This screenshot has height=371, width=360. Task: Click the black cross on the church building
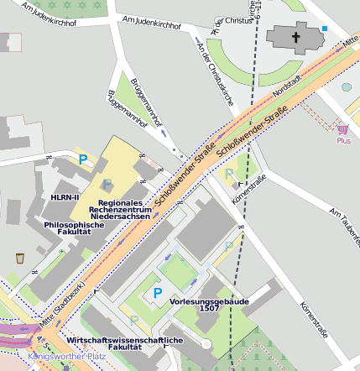click(x=295, y=38)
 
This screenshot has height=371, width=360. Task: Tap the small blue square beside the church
click(x=325, y=29)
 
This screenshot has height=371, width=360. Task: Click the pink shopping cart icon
click(x=342, y=129)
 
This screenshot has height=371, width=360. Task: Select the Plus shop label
click(x=343, y=141)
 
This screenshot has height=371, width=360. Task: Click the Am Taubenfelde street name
click(x=343, y=222)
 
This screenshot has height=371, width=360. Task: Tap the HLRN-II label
click(x=65, y=197)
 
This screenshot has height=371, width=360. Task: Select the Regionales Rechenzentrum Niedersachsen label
click(x=124, y=209)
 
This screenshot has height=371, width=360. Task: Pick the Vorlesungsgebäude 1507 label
click(x=199, y=304)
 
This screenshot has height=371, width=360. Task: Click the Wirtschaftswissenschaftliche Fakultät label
click(x=125, y=343)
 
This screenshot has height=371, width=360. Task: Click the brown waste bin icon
click(x=19, y=258)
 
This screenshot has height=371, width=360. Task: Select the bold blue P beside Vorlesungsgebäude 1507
click(x=157, y=294)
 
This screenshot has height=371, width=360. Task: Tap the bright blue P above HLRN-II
click(x=82, y=158)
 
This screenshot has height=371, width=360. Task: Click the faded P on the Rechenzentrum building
click(x=107, y=184)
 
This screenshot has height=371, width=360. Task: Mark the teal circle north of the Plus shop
click(x=347, y=86)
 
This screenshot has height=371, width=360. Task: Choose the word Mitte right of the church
click(x=350, y=41)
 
